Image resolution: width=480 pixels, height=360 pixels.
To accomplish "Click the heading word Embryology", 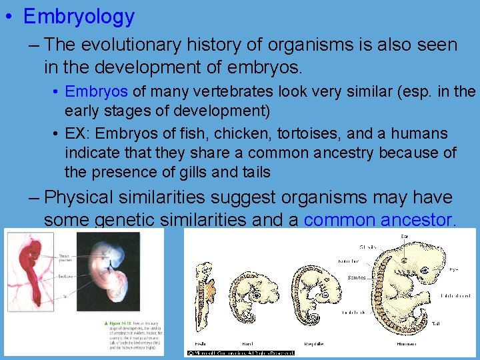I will pyautogui.click(x=79, y=17).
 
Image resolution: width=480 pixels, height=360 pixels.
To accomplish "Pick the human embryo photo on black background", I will pyautogui.click(x=108, y=273).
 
